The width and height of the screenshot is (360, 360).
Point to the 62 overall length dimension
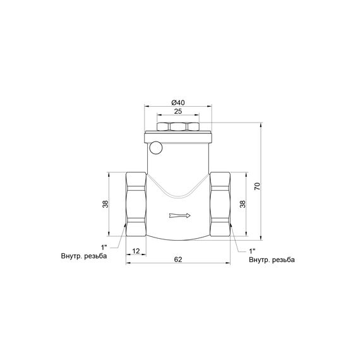tap(179, 259)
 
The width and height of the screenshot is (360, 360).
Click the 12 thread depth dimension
tap(136, 251)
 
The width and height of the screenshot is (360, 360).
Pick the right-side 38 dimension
tap(242, 204)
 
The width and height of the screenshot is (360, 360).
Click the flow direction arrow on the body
tap(180, 217)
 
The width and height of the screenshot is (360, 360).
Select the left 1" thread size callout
tap(104, 247)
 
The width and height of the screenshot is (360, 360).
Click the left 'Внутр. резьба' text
tap(84, 257)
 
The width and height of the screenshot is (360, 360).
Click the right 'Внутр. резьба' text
tap(272, 260)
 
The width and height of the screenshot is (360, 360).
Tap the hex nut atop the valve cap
tap(178, 127)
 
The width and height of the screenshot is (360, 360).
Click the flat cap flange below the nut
tap(179, 136)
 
